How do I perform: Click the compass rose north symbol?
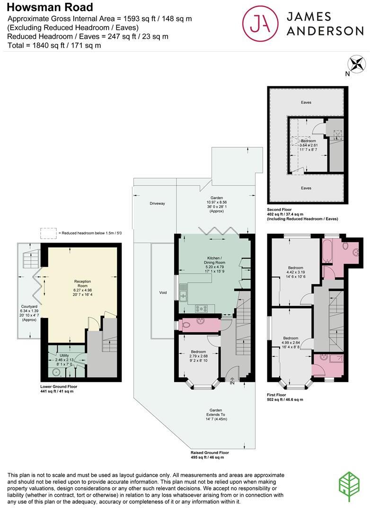[x=356, y=64]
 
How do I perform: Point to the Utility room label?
[x=64, y=355]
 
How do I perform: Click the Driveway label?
[x=157, y=203]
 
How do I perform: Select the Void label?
[x=163, y=293]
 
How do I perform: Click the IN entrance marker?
[x=232, y=382]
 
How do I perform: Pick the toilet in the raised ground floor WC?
[x=187, y=325]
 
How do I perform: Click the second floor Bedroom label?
[x=309, y=141]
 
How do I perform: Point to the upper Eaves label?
[x=306, y=102]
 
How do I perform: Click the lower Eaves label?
[x=306, y=188]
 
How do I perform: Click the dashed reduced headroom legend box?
[x=48, y=233]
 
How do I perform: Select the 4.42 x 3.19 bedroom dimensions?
[x=296, y=272]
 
